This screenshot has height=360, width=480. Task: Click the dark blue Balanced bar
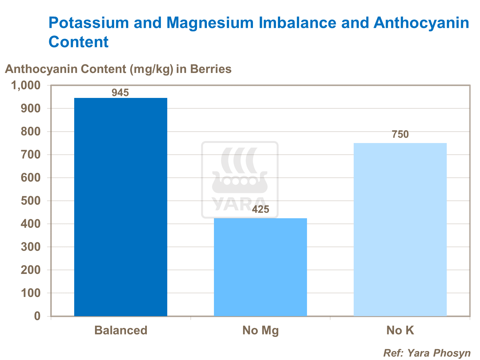point(121,207)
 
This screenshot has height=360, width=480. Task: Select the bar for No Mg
point(260,267)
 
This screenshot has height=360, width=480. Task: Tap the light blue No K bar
point(400,229)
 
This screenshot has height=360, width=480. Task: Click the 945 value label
point(120,93)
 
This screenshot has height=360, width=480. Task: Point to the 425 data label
point(260,210)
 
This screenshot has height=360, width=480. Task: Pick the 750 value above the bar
point(400,134)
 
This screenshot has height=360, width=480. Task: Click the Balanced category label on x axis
point(121,330)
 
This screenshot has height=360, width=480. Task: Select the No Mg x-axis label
point(260,330)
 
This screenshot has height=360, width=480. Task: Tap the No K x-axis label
point(400,330)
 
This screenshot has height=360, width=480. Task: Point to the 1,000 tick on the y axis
point(26,85)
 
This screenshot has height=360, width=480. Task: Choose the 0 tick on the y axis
point(37,316)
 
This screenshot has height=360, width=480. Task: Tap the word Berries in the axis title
point(211,69)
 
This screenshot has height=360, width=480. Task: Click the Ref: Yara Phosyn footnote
point(427,353)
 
